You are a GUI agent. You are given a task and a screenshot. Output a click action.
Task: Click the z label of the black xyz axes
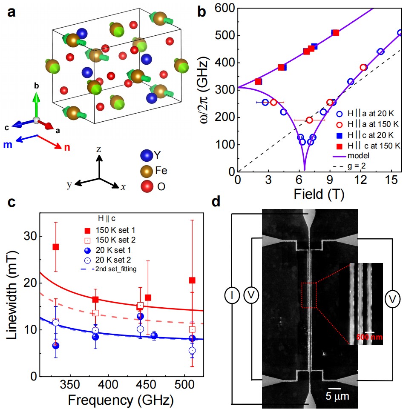point(98,149)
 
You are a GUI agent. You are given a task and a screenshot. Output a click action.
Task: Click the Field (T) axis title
point(319,194)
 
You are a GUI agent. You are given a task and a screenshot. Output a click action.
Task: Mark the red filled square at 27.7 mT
point(55,247)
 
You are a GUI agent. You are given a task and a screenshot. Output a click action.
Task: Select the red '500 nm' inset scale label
point(368,337)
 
